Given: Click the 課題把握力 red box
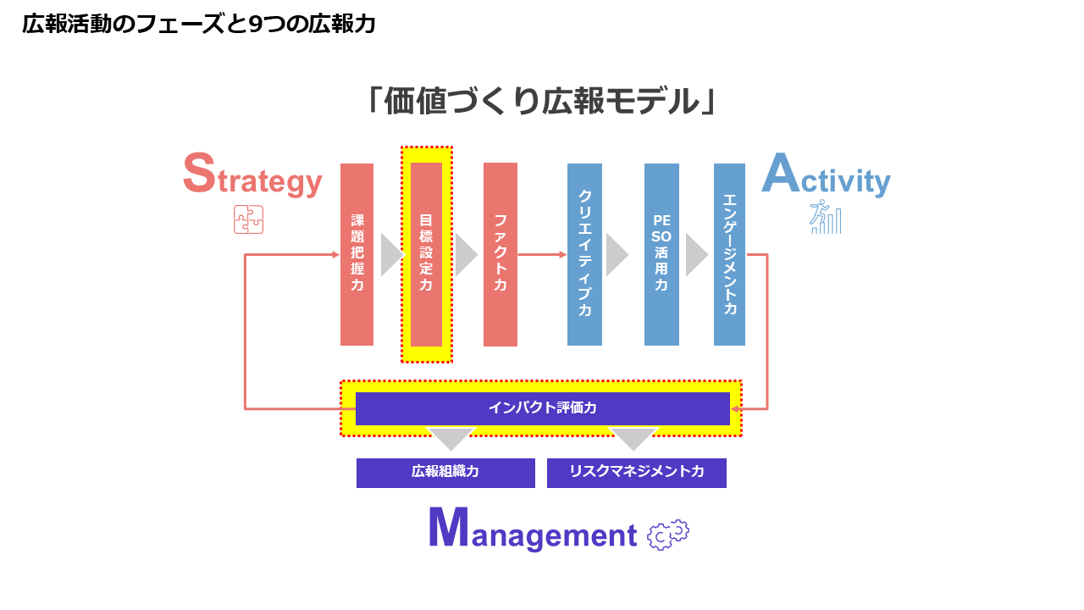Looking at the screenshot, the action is coord(357,254).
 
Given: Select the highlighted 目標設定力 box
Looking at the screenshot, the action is coord(426,254).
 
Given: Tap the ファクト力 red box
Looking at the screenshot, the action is coord(501,254).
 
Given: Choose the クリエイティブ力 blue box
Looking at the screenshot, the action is coord(584,254).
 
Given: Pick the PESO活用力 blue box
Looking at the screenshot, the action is coord(661,254).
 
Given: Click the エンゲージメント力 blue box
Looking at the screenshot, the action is coord(729,254).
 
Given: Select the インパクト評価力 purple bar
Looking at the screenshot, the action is coord(543,408).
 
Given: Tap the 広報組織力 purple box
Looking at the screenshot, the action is coord(445,473).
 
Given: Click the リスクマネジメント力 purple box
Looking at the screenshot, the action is coord(636,473).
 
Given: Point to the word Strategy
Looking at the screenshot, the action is coord(252,175).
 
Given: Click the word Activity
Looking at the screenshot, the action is coord(826,175).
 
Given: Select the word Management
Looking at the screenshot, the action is coord(533,529).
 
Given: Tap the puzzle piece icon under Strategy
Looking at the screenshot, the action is coord(248,219).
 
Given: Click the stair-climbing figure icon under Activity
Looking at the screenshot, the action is coord(826,216).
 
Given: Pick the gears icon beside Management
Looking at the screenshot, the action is coord(668,535).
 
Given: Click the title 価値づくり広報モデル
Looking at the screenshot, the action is coord(542,101).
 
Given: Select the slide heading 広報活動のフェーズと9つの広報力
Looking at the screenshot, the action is coord(199,24).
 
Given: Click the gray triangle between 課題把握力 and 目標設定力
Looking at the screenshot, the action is coord(392,255).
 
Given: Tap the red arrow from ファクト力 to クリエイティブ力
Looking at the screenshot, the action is coord(542,254).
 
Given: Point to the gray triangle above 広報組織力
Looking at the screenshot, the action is coord(451,439).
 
